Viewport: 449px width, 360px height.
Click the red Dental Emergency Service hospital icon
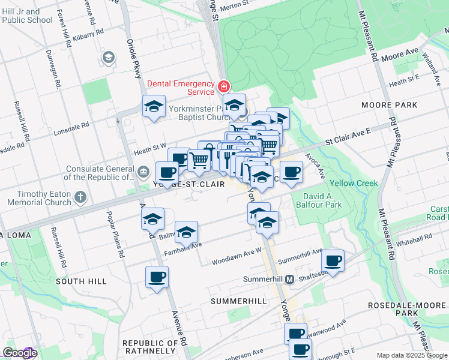click(224, 86)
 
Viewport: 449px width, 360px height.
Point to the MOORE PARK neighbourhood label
click(389, 105)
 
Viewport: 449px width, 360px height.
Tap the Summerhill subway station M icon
click(289, 280)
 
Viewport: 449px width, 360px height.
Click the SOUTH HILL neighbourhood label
click(81, 281)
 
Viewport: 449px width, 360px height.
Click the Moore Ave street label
click(403, 53)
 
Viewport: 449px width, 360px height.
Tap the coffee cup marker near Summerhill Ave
click(333, 260)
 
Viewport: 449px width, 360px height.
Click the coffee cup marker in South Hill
click(157, 277)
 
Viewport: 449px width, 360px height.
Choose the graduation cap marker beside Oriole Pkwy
click(154, 107)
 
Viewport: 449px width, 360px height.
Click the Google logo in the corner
click(20, 353)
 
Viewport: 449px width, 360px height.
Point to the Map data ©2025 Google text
click(412, 355)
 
